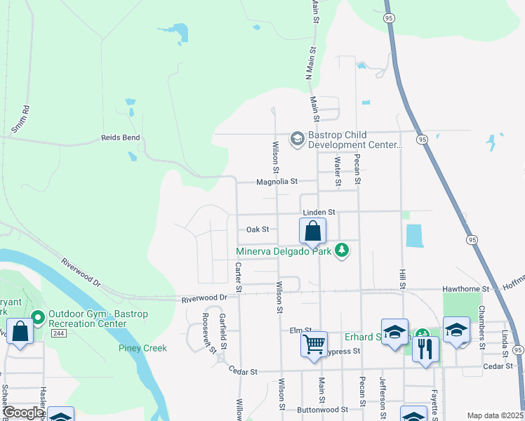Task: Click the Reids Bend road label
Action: coord(121,138)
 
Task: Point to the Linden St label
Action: coord(319,212)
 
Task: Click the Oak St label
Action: coord(258,229)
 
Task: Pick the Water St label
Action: coord(338,172)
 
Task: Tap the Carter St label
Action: coord(239,277)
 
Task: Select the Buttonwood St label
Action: coord(323,409)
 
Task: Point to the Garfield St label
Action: coord(222,330)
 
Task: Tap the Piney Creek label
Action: coord(142,348)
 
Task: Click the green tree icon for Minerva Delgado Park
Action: coord(342,250)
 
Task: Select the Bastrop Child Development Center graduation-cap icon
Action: coord(297,139)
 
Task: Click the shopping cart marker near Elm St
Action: coord(314,344)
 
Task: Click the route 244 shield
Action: coord(39,333)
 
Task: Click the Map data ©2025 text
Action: coord(494,415)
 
